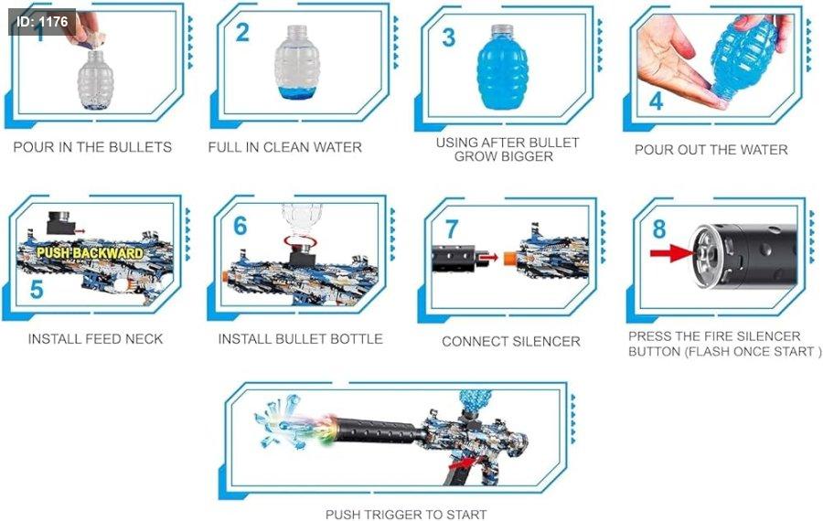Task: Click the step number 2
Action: pyautogui.click(x=242, y=33)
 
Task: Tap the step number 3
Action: pyautogui.click(x=448, y=37)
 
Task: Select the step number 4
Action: pyautogui.click(x=656, y=101)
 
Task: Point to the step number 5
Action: pyautogui.click(x=37, y=290)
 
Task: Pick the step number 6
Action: pyautogui.click(x=240, y=226)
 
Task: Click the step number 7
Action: pyautogui.click(x=452, y=229)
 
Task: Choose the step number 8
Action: pyautogui.click(x=659, y=229)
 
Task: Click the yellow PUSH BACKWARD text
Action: pyautogui.click(x=90, y=253)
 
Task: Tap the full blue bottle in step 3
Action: pyautogui.click(x=502, y=67)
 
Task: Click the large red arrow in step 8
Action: pyautogui.click(x=672, y=254)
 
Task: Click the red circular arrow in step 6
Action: pyautogui.click(x=300, y=240)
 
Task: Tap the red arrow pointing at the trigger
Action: pyautogui.click(x=463, y=463)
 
